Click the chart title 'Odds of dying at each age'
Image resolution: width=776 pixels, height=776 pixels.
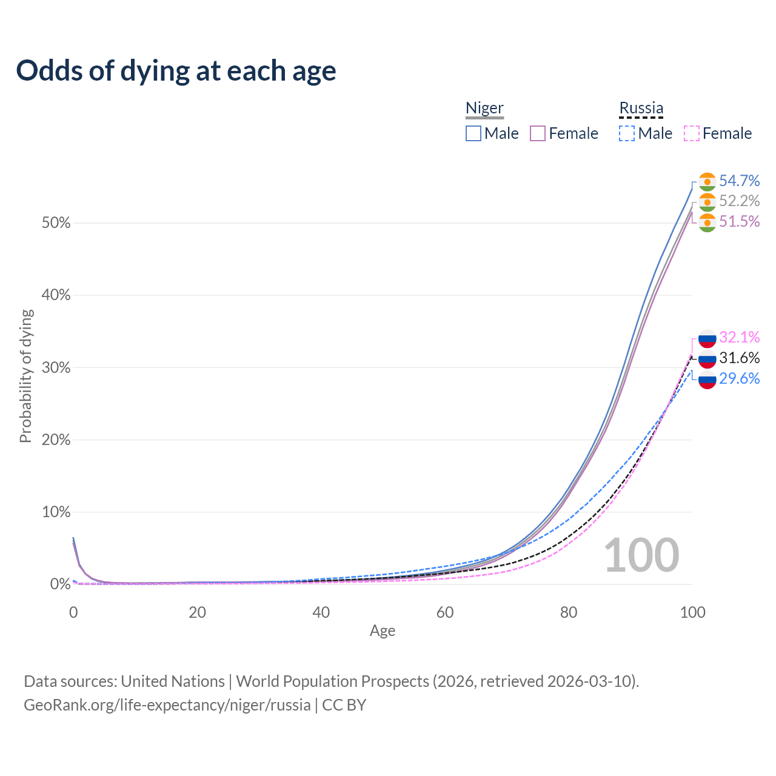tap(176, 71)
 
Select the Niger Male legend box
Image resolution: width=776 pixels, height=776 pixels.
tap(473, 133)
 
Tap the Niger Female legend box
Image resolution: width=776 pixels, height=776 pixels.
tap(538, 133)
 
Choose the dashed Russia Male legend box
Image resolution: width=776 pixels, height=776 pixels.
tap(627, 133)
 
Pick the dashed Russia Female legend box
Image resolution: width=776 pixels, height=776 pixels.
tap(691, 133)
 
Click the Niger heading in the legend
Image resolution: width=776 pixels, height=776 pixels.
tap(484, 108)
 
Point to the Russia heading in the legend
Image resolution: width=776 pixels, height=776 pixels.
tap(641, 108)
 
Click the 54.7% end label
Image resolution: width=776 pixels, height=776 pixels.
tap(739, 181)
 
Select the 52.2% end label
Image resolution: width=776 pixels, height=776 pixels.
tap(739, 201)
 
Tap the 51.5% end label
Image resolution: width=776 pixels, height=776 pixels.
tap(739, 221)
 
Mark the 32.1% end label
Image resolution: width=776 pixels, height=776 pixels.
tap(739, 337)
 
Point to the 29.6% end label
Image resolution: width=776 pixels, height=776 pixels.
tap(739, 378)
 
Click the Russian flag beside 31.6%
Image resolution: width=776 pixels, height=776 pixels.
tap(707, 358)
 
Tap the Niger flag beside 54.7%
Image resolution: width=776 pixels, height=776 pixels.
tap(707, 182)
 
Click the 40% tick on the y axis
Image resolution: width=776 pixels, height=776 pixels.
tap(56, 295)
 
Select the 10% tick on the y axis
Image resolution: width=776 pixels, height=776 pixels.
tap(56, 512)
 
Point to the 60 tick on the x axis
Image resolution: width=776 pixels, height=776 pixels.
tap(445, 612)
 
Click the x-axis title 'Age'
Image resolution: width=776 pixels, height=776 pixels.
tap(383, 631)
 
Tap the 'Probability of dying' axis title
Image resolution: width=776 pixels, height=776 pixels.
tap(25, 376)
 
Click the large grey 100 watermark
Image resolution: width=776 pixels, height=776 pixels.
tap(641, 555)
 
